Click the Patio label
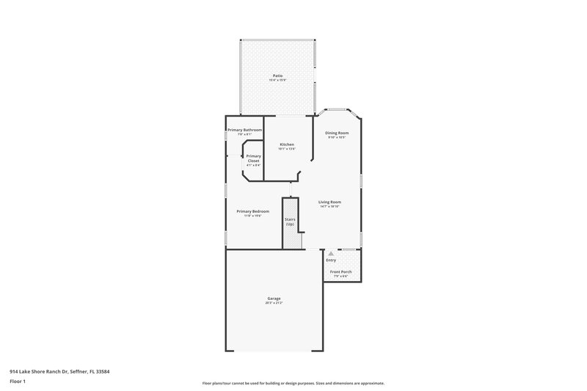[277, 75]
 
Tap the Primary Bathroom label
[244, 130]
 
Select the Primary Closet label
[253, 158]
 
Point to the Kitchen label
[287, 144]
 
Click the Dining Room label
[338, 133]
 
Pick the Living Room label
[330, 202]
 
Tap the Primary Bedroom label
[252, 211]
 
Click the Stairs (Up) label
[291, 222]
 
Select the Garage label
[274, 298]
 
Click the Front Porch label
[341, 271]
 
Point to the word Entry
[331, 260]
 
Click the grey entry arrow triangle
[331, 252]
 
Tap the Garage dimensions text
[274, 302]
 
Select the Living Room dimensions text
[330, 206]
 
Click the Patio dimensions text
[277, 79]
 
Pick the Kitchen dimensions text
[287, 148]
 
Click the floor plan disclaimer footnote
[293, 383]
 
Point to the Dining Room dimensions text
[337, 137]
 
